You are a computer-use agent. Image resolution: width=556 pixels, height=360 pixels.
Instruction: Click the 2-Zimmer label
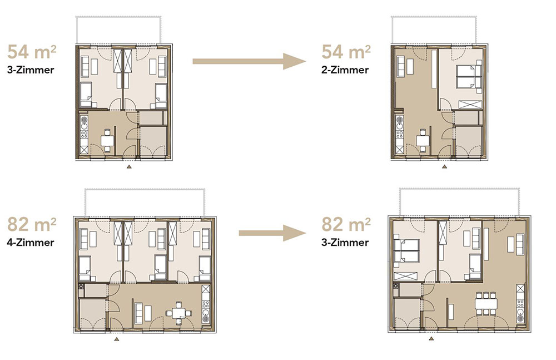[345, 70]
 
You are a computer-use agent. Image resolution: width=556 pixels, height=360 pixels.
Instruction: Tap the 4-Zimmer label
[31, 243]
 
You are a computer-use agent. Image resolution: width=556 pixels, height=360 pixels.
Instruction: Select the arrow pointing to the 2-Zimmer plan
[249, 61]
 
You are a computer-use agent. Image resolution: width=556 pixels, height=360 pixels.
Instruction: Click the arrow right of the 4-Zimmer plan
[272, 233]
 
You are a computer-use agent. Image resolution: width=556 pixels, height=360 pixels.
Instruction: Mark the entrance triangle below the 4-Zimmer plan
[116, 339]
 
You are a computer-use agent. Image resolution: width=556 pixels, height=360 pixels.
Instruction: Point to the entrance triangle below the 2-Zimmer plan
[444, 166]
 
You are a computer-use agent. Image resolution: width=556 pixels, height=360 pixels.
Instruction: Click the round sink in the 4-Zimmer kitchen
[205, 313]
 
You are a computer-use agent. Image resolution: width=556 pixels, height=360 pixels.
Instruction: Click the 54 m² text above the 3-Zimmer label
[32, 52]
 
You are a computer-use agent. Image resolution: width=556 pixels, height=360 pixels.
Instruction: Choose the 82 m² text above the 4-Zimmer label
[32, 224]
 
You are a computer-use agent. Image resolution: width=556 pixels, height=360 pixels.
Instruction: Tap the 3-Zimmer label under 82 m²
[345, 243]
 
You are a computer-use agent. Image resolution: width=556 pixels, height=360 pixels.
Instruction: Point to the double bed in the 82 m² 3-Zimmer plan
[407, 250]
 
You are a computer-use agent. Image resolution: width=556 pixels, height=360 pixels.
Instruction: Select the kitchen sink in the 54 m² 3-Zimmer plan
[85, 124]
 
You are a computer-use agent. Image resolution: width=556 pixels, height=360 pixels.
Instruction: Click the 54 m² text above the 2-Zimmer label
[346, 52]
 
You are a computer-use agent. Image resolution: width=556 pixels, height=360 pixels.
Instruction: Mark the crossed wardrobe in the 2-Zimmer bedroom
[470, 105]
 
